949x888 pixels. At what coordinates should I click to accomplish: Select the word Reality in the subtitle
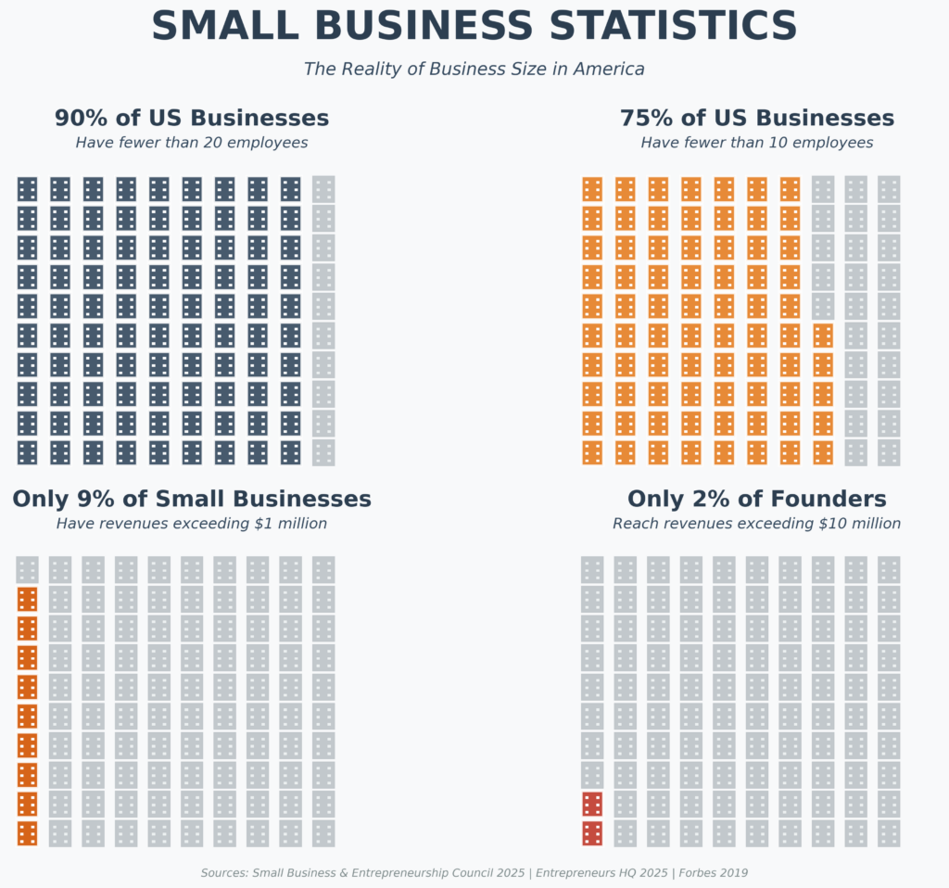[x=376, y=69]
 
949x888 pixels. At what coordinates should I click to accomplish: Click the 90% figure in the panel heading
[x=81, y=119]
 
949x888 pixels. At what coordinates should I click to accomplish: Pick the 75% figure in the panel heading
[x=646, y=119]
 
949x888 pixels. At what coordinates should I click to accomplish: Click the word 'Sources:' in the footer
[x=224, y=873]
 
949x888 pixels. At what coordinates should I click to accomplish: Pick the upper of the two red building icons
[x=592, y=804]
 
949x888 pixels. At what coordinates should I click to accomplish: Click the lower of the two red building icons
[x=592, y=833]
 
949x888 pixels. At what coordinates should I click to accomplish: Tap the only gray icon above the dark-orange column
[x=27, y=569]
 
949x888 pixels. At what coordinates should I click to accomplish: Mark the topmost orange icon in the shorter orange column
[x=823, y=336]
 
